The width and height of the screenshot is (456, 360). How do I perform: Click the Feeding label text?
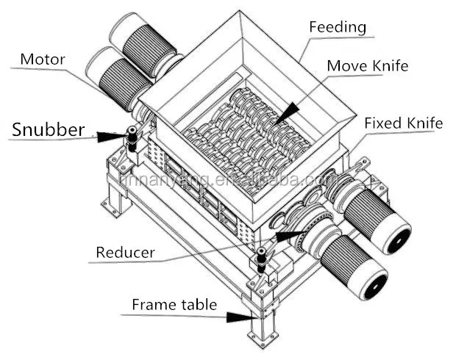pos(338,27)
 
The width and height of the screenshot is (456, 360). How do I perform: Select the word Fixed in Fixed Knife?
pos(382,123)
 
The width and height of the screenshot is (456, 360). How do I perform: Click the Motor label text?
pos(42,58)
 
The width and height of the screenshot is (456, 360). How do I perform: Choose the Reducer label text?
pos(125,253)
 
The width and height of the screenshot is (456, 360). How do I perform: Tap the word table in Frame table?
pos(196,304)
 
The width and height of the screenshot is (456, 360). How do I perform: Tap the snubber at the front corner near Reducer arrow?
pos(261,260)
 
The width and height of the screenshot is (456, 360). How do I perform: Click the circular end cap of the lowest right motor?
pos(374,282)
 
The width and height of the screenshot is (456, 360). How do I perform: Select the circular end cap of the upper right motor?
pos(398,239)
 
